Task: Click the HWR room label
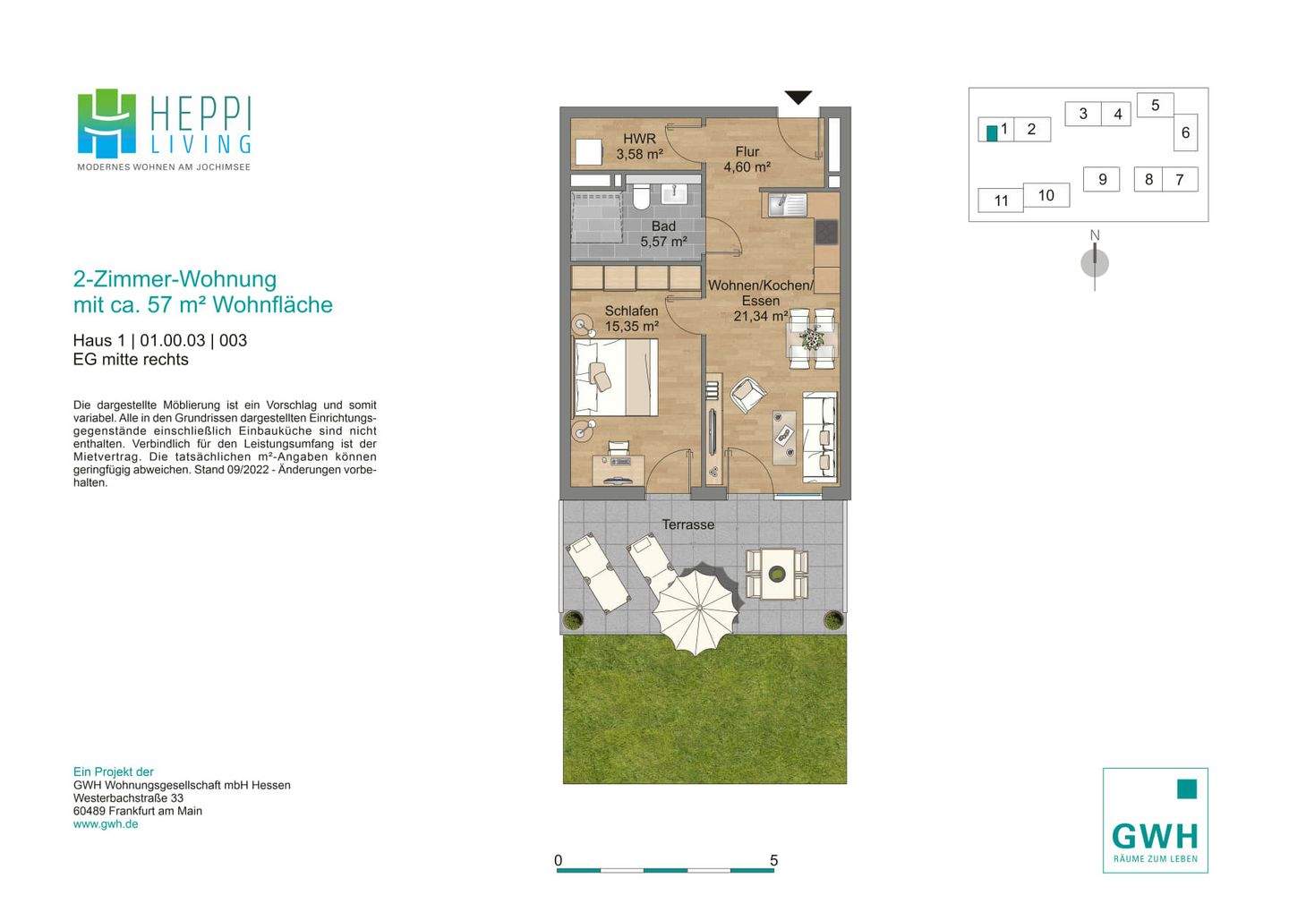point(639,139)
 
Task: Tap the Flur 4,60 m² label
point(747,159)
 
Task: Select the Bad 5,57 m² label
point(663,234)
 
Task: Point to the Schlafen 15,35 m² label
point(631,319)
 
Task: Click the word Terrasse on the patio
point(688,524)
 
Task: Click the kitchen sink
point(787,205)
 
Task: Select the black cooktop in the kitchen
point(827,234)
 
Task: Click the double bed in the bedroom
point(615,377)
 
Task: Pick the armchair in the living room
point(748,395)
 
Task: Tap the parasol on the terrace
point(696,609)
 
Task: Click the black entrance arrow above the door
point(798,98)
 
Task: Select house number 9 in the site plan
point(1102,180)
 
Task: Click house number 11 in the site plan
point(1002,200)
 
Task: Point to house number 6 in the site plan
point(1185,132)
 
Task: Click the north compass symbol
point(1095,262)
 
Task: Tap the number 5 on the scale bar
point(774,861)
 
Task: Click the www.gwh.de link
point(106,824)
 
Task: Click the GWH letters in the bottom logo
point(1155,836)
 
